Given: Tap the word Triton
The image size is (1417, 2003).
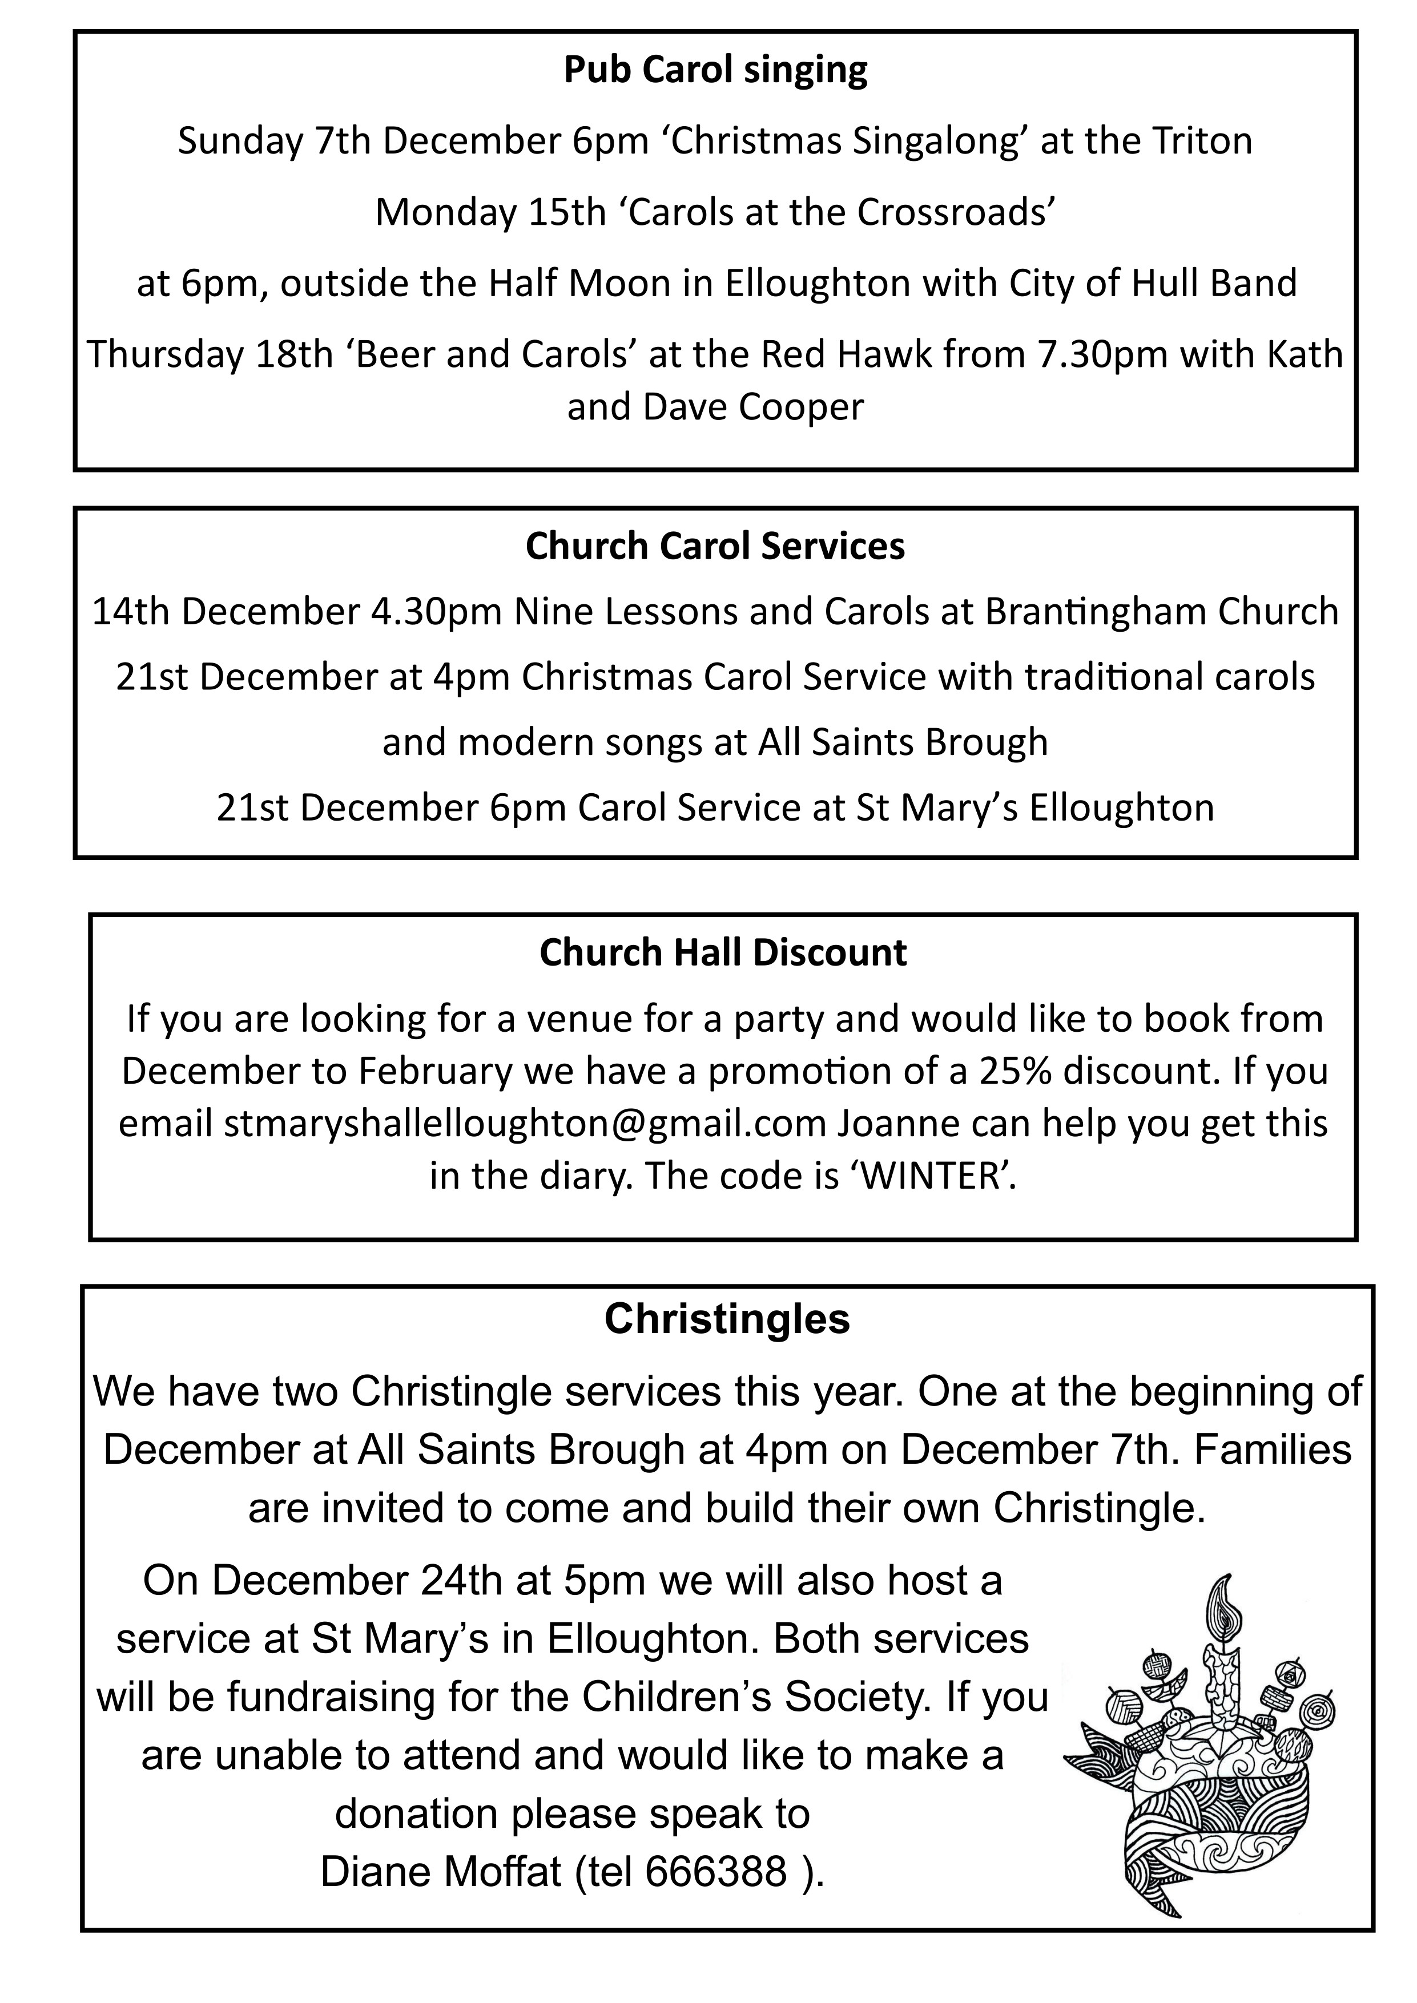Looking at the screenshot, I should pos(1202,142).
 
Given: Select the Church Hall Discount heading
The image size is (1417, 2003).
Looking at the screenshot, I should pos(723,952).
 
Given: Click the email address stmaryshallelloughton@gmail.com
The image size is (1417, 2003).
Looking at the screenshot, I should pos(525,1124).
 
